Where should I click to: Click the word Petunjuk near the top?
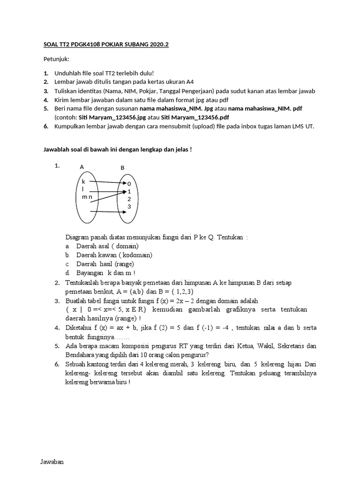click(x=56, y=60)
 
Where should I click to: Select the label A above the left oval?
click(x=82, y=167)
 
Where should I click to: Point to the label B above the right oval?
click(x=122, y=167)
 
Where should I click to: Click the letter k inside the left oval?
click(x=83, y=181)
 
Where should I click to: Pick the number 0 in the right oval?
click(x=129, y=184)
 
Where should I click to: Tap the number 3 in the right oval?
click(x=129, y=206)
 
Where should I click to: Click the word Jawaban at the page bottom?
click(x=52, y=462)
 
